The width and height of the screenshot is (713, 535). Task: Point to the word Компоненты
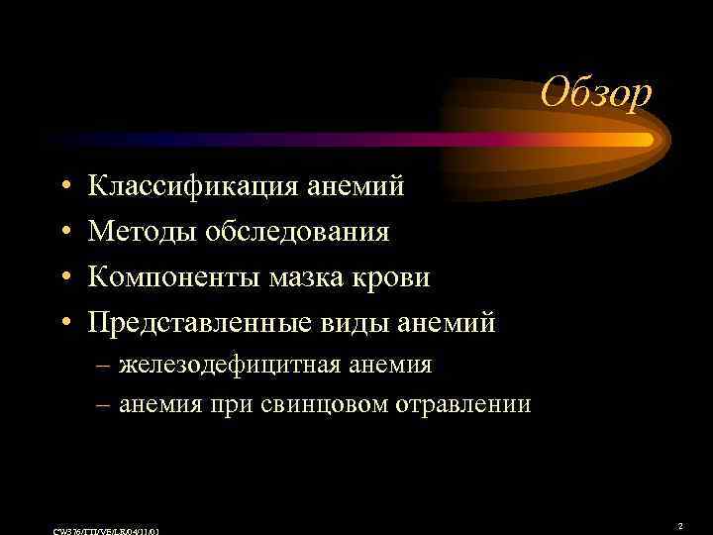174,276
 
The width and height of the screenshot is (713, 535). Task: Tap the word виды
369,322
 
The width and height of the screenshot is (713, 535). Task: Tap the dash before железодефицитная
104,365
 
